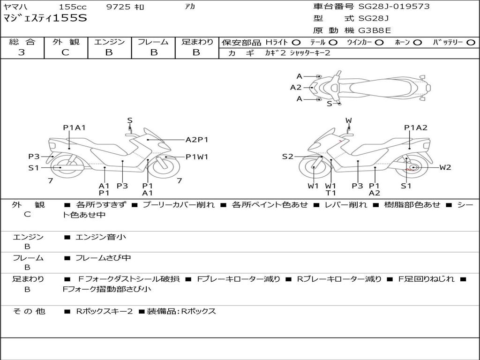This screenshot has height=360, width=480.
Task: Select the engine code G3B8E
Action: tap(375, 30)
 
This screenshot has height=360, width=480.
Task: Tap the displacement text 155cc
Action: tap(73, 7)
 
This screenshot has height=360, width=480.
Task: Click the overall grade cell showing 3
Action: tap(22, 52)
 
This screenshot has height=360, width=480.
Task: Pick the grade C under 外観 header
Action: tap(65, 52)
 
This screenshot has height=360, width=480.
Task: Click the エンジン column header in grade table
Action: tap(109, 42)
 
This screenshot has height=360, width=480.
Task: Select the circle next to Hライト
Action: tap(296, 43)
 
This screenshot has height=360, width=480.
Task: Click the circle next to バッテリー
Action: tap(471, 43)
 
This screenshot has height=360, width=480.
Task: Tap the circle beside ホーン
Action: tap(417, 43)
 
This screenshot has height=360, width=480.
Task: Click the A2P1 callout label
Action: tap(197, 140)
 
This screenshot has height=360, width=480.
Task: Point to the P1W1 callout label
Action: tap(197, 157)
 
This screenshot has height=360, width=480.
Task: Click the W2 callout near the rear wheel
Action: tap(445, 167)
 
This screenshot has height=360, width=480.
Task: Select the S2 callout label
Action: tap(287, 157)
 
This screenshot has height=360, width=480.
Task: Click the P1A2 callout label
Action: tap(416, 127)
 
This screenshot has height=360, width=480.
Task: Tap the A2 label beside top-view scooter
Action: tap(296, 87)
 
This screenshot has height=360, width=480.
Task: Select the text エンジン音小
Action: tap(101, 237)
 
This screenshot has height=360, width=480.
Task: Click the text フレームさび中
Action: tap(103, 258)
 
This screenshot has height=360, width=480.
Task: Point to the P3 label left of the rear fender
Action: tap(34, 157)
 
